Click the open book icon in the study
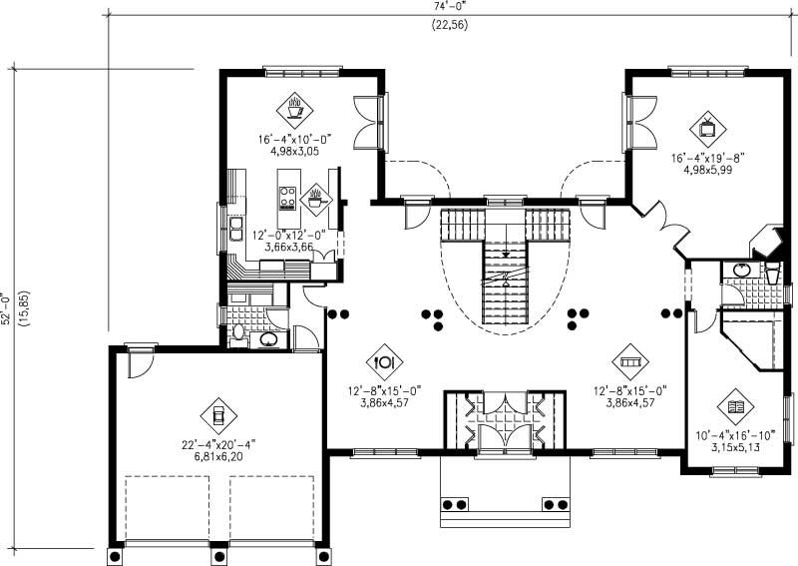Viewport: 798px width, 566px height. [736, 407]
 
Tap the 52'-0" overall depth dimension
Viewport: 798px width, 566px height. [12, 309]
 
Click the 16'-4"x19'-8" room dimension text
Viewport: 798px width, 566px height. [708, 157]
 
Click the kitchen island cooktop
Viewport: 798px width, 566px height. [288, 198]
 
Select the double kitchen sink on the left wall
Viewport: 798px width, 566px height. [235, 229]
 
